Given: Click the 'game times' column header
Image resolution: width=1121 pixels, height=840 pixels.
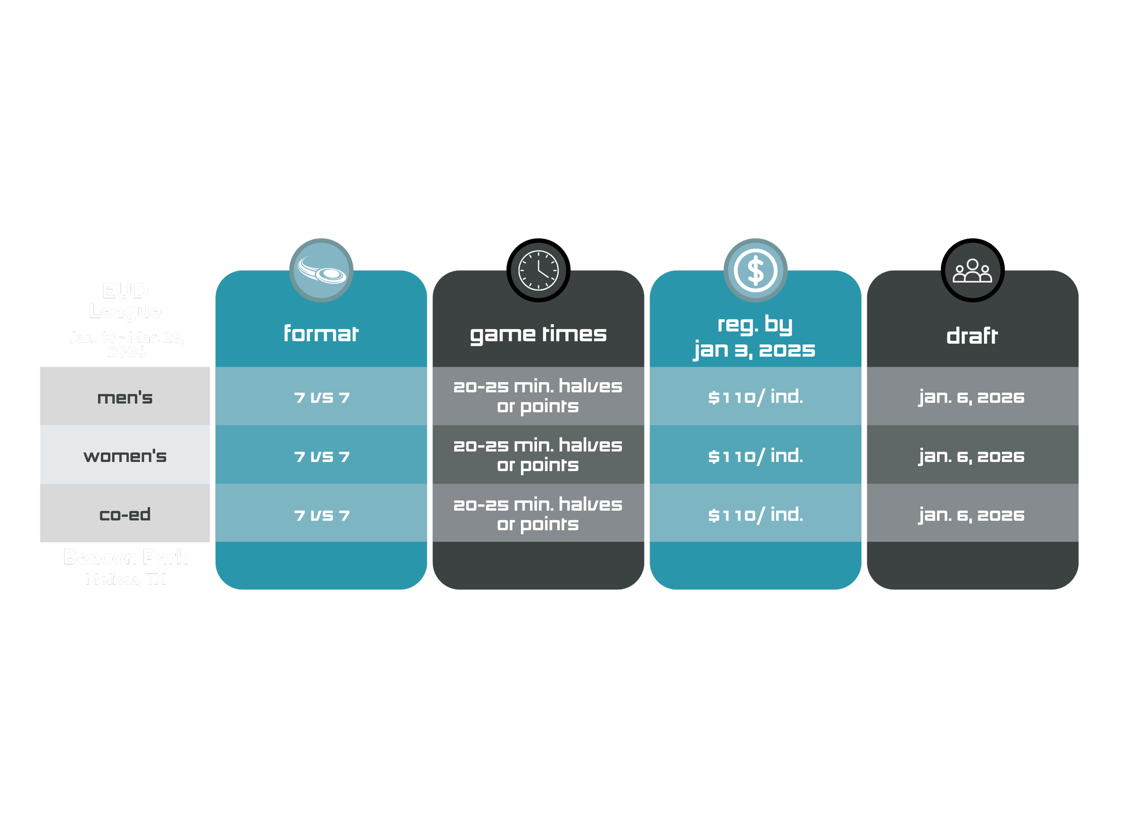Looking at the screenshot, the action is [538, 334].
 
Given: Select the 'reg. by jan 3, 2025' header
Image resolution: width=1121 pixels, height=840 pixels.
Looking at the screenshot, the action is [755, 337].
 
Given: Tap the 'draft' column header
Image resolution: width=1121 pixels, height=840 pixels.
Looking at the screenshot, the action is [972, 336].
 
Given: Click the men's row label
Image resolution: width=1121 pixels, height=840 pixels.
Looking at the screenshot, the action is [125, 397].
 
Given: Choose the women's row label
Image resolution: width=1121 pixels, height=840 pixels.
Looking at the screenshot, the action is [125, 456].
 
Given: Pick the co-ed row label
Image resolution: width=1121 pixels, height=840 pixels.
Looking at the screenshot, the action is [125, 514].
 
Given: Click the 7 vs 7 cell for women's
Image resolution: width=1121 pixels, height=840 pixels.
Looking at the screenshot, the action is [322, 456].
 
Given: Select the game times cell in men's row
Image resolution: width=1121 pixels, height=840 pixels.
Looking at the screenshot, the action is [538, 396].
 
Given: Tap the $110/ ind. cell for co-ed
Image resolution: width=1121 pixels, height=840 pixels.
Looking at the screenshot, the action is [755, 514].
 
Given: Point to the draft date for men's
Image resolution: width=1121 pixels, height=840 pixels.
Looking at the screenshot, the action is [972, 397].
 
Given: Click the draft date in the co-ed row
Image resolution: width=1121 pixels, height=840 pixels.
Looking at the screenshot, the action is [972, 515].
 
